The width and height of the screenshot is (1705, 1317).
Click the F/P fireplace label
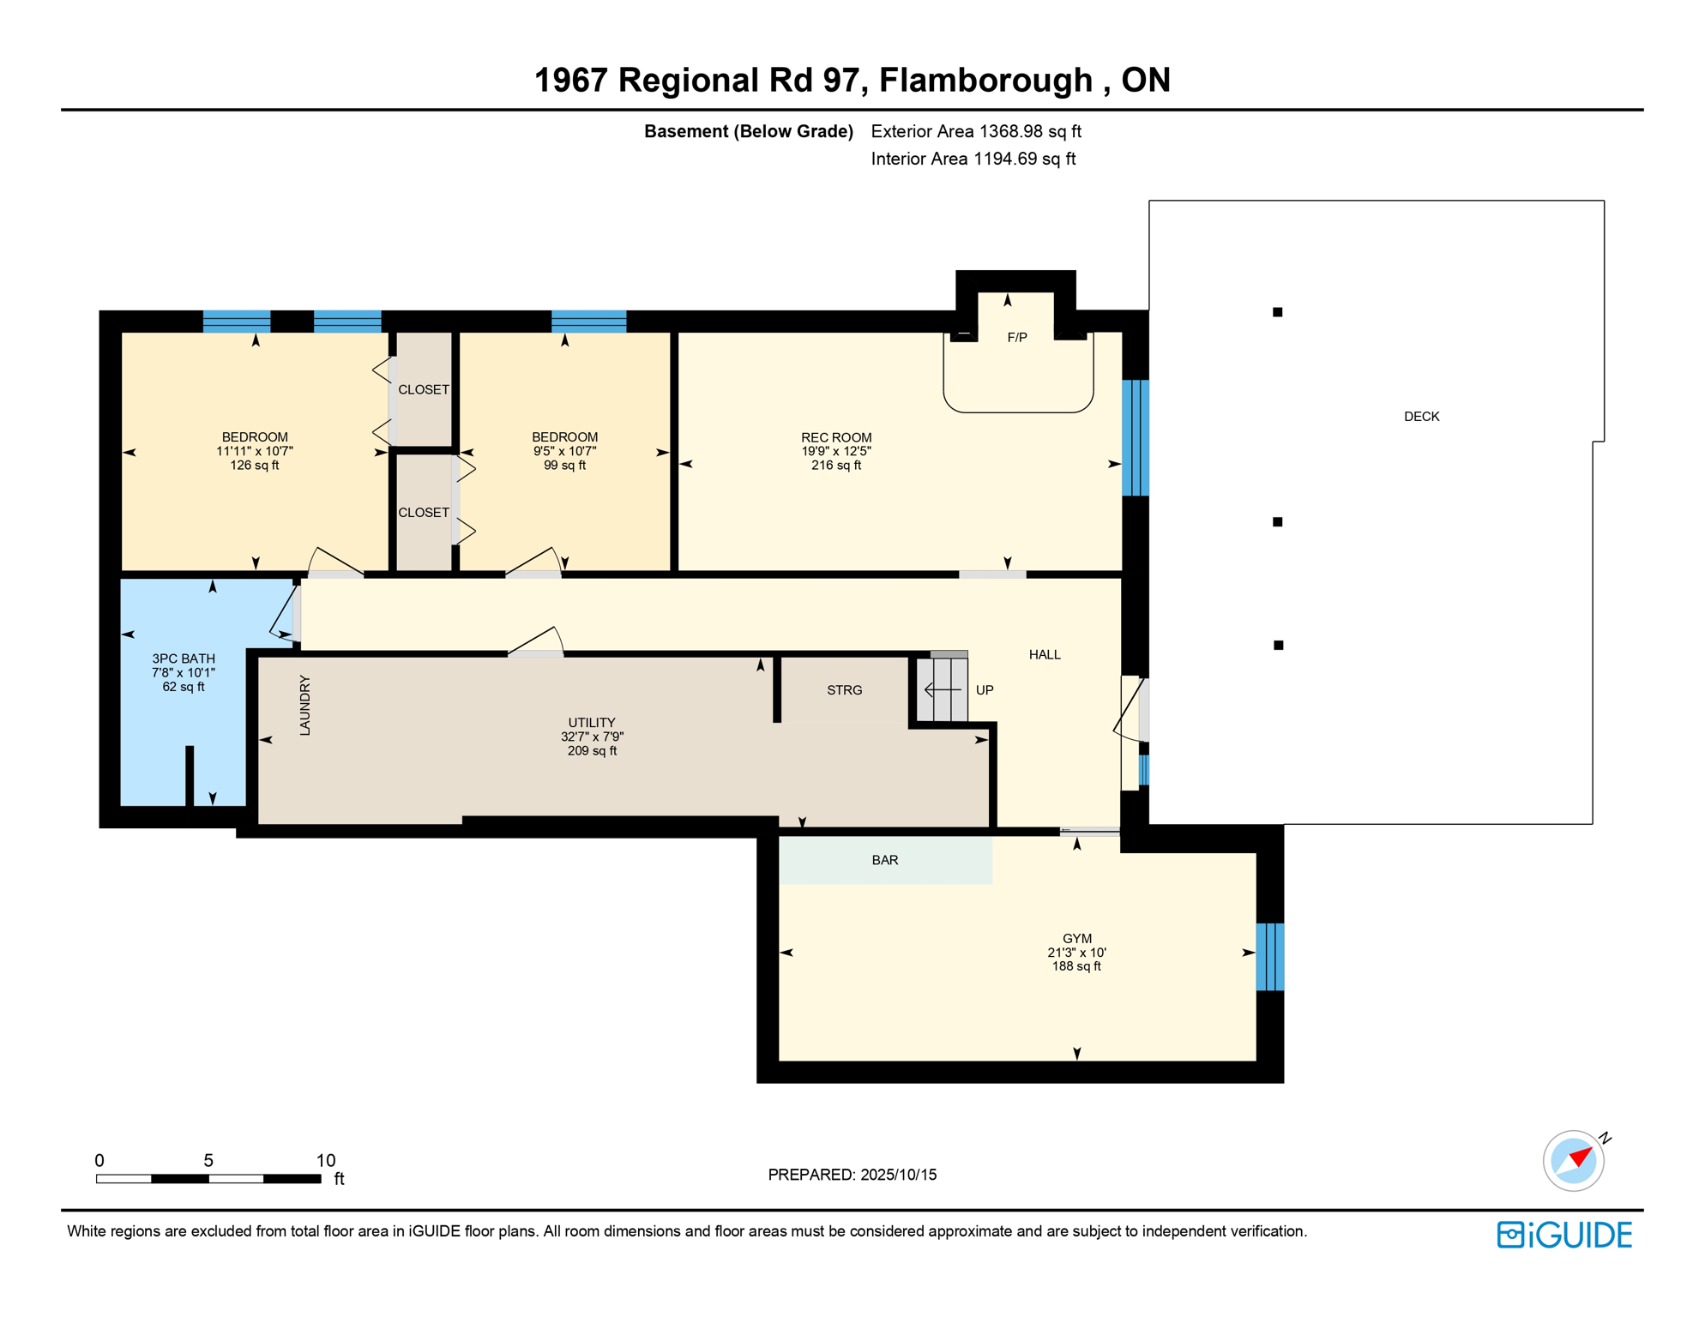pos(1016,338)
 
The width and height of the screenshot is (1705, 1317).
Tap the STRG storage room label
pos(844,690)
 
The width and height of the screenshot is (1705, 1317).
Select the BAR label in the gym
pos(885,860)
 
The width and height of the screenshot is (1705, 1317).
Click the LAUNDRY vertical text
pos(304,706)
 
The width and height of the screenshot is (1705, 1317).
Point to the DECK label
pos(1421,417)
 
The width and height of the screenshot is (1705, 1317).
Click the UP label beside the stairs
pos(985,690)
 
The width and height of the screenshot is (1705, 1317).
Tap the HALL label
pos(1045,655)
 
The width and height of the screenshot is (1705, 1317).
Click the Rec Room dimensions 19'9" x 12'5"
pos(836,451)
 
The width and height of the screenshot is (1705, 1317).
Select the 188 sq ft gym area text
pos(1076,966)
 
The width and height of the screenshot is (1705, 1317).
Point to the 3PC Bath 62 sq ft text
pos(184,687)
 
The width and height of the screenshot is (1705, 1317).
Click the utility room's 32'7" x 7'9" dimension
pos(592,737)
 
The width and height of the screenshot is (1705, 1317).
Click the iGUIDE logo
pos(1564,1235)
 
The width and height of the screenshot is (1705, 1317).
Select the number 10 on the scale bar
pos(325,1160)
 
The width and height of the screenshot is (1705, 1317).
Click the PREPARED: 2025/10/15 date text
pos(852,1175)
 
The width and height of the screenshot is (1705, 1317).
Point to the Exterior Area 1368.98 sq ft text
pos(976,131)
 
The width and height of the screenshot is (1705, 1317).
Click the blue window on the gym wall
pos(1270,957)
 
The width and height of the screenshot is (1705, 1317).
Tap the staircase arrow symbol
pos(943,689)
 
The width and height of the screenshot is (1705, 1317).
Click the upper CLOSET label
pos(424,389)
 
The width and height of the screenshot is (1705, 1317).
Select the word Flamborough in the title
pos(985,80)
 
